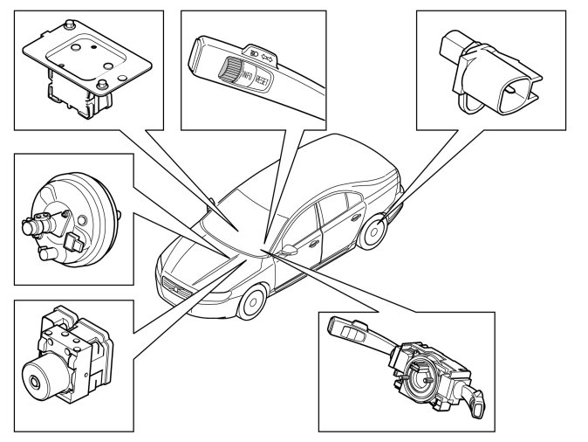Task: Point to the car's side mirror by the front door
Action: click(x=287, y=250)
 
